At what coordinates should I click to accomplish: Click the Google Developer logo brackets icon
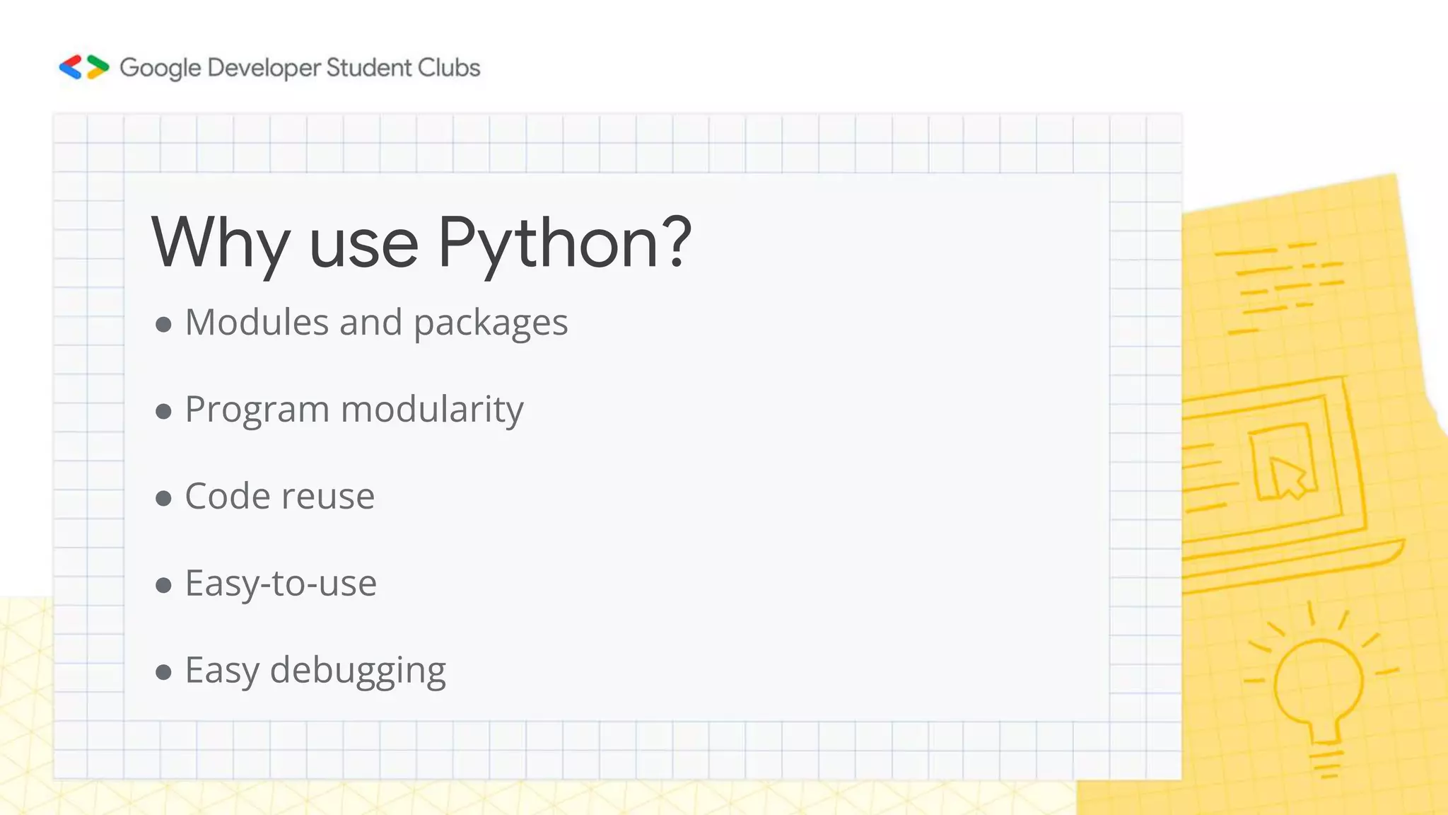click(84, 67)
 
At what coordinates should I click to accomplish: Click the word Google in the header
click(160, 68)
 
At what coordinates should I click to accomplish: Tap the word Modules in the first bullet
click(257, 323)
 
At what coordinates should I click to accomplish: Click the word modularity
click(432, 410)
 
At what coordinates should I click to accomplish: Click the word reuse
click(328, 497)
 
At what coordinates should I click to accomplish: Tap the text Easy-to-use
click(281, 584)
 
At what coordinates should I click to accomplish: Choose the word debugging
click(358, 671)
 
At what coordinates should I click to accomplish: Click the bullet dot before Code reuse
click(163, 498)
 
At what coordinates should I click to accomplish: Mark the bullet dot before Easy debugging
click(163, 672)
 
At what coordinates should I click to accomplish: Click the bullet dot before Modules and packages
click(163, 325)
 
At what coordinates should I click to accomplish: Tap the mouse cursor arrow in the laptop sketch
click(1288, 477)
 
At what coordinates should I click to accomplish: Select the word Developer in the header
click(264, 68)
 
